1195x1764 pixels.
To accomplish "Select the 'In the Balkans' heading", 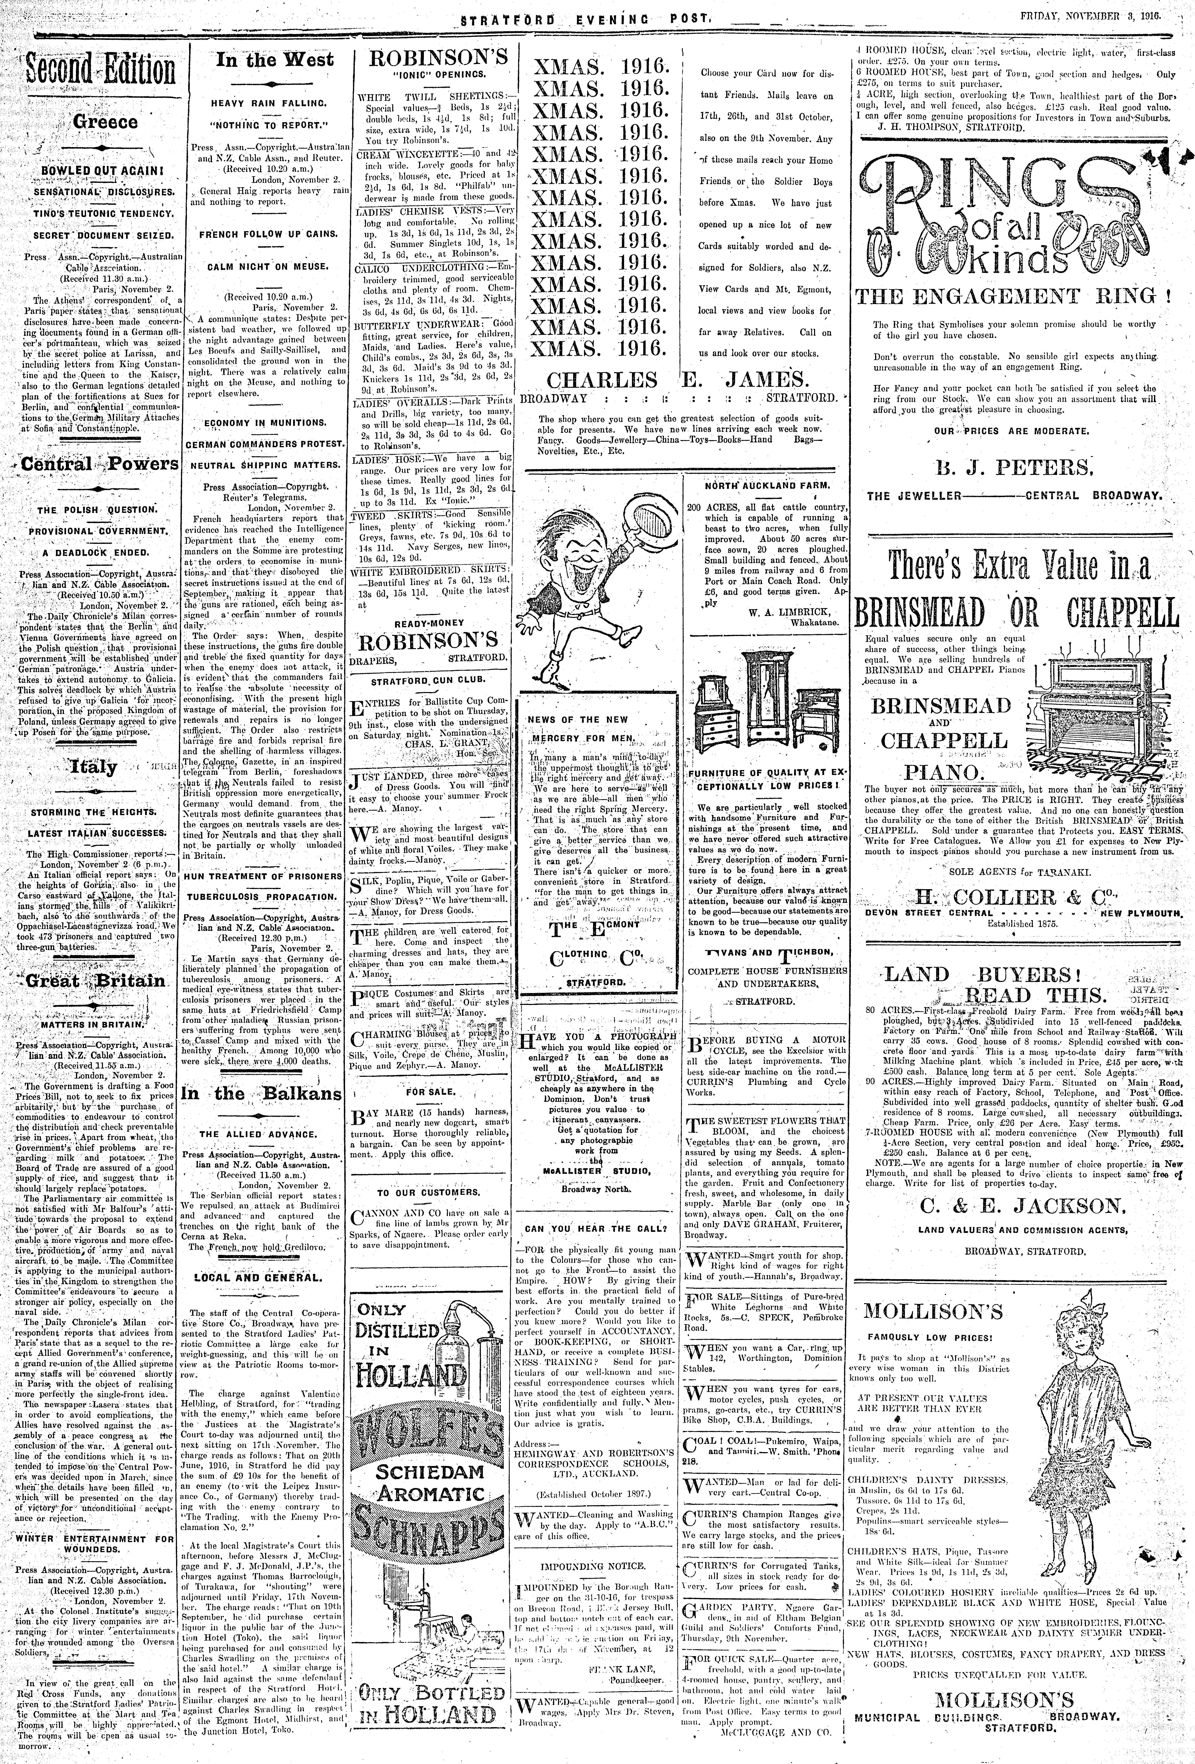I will pos(261,1094).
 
